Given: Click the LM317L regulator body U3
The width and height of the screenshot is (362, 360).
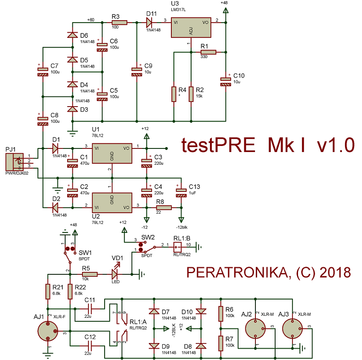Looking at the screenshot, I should coord(191,28).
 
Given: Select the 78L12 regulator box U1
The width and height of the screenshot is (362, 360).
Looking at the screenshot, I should coord(112,153).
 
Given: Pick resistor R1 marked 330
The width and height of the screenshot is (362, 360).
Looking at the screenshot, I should coord(208,52).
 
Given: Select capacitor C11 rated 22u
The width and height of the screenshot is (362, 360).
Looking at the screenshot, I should coord(90,309).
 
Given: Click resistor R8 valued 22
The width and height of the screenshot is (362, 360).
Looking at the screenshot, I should coord(164,208).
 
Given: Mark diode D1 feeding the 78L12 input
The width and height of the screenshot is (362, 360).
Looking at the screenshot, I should coord(55,148).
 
